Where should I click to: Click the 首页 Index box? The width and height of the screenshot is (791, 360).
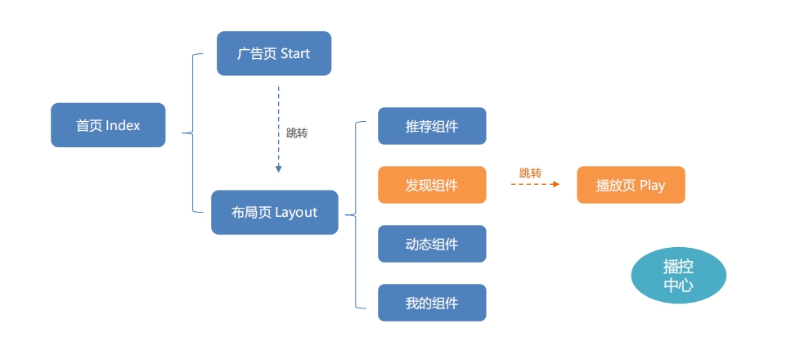tap(108, 125)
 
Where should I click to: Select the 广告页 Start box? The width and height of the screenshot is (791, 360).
tap(274, 53)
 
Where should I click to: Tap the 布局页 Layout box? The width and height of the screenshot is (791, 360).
tap(275, 213)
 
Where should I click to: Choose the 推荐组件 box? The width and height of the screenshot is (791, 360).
tap(432, 126)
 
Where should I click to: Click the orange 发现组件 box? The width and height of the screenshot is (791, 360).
tap(432, 185)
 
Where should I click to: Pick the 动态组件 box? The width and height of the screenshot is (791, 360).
tap(432, 244)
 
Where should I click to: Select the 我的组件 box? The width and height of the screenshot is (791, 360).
tap(432, 303)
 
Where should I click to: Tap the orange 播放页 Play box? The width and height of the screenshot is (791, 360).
tap(631, 185)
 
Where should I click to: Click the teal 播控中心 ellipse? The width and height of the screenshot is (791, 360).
tap(678, 276)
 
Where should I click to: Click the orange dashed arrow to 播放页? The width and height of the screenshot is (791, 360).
tap(535, 185)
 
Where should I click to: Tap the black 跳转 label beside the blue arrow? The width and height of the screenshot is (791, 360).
tap(297, 133)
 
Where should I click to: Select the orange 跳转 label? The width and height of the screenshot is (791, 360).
tap(530, 173)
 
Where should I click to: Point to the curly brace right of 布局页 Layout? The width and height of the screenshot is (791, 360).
tap(355, 215)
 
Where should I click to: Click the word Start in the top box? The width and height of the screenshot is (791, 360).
tap(295, 53)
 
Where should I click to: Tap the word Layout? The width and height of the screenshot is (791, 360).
tap(296, 213)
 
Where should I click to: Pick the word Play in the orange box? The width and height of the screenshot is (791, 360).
tap(652, 185)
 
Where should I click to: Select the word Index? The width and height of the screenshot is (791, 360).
tap(124, 125)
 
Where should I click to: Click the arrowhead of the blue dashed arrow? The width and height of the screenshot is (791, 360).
tap(278, 169)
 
